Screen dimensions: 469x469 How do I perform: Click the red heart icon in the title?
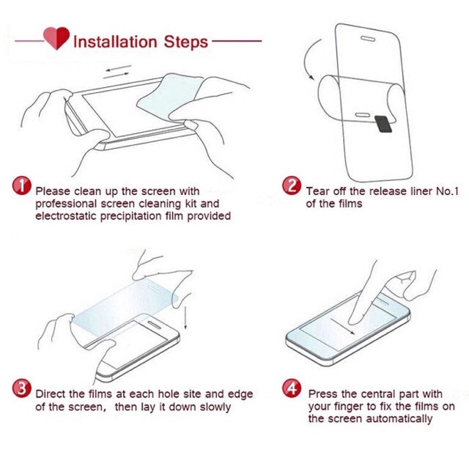click(56, 38)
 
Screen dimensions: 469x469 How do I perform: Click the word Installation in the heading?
click(115, 42)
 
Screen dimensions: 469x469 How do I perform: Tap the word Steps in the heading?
click(185, 43)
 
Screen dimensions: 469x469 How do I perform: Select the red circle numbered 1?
click(21, 185)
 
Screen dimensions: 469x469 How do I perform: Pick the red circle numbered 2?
click(292, 185)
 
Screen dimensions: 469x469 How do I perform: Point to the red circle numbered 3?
click(21, 388)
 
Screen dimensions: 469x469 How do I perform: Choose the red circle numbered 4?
click(292, 388)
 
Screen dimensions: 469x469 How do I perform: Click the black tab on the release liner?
click(383, 124)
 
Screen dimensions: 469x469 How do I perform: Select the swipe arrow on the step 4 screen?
click(343, 326)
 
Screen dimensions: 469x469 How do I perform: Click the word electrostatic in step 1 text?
click(66, 215)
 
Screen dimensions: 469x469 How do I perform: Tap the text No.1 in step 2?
click(447, 191)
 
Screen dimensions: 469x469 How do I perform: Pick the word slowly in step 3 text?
click(215, 407)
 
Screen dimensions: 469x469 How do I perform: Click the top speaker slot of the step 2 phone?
click(368, 39)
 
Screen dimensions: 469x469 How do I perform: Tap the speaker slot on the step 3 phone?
click(155, 325)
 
